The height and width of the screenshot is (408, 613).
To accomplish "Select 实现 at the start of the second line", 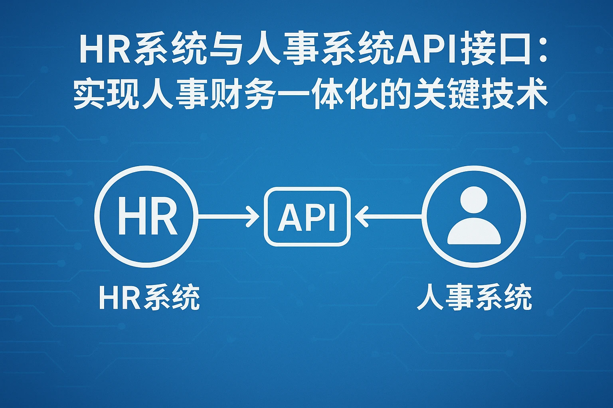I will pos(106,96).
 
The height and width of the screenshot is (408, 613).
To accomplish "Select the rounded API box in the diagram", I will pos(307,216).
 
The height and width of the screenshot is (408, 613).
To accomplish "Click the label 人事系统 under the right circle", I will pos(474,298).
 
